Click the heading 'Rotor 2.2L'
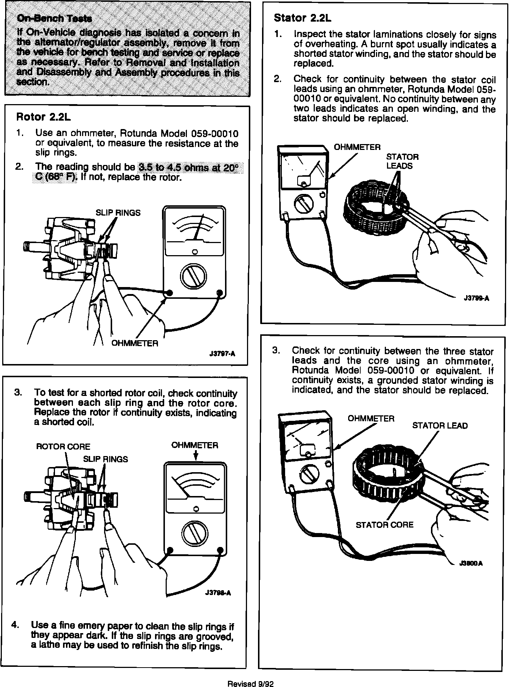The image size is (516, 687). [43, 117]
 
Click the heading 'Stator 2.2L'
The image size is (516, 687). [302, 18]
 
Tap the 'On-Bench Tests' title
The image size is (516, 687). [54, 19]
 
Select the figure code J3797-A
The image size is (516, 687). [222, 354]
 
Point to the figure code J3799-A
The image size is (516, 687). [476, 298]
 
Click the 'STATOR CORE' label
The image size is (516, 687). [384, 525]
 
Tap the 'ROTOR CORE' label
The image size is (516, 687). [63, 447]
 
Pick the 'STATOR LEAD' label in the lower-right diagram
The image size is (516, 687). [440, 426]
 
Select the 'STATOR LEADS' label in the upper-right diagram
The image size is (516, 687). [402, 161]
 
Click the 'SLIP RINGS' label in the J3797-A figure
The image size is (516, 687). [118, 213]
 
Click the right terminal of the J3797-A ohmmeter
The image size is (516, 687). [220, 293]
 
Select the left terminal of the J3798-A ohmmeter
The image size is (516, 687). [170, 550]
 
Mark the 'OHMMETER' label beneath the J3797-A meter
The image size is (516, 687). [134, 343]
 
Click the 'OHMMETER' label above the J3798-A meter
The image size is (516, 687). [195, 445]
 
